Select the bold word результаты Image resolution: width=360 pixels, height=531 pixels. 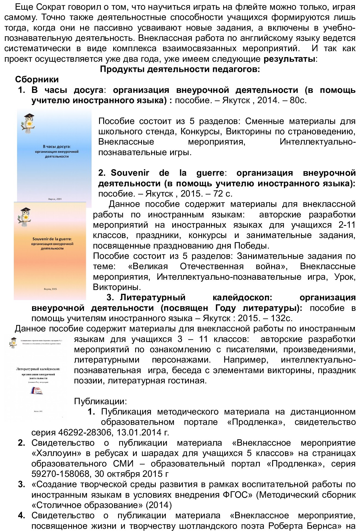click(289, 59)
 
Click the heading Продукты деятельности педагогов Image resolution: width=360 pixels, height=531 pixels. click(180, 69)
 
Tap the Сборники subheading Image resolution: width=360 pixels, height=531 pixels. click(37, 79)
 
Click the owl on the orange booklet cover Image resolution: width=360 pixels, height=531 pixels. click(25, 217)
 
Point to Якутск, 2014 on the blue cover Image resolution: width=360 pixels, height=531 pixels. click(55, 199)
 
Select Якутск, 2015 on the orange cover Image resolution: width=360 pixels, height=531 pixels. click(50, 289)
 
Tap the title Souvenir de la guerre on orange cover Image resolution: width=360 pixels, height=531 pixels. click(52, 239)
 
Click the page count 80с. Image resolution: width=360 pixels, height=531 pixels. click(298, 100)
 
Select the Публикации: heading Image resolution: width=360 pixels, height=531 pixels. click(100, 401)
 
